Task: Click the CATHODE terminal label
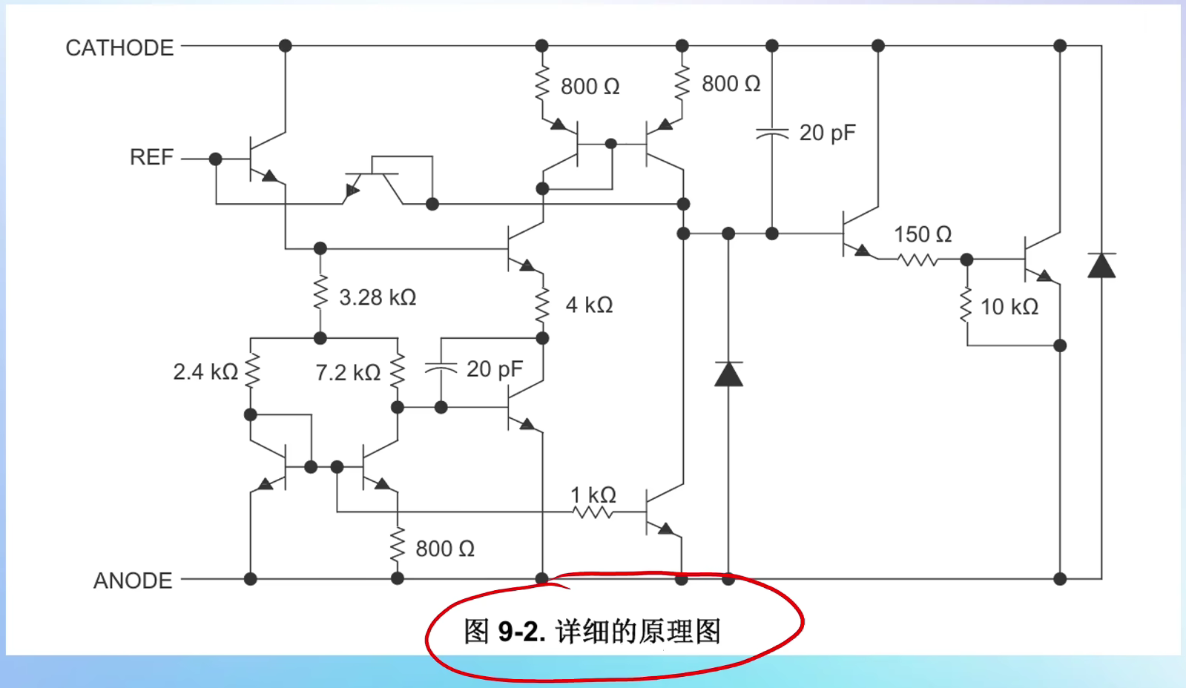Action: tap(119, 48)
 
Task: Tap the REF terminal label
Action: tap(151, 157)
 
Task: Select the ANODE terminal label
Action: tap(133, 580)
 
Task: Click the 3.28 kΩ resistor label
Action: tap(378, 297)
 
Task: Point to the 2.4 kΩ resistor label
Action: tap(205, 371)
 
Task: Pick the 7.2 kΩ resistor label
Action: tap(348, 372)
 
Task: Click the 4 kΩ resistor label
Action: tap(589, 305)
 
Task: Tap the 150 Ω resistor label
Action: tap(922, 234)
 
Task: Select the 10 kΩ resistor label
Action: tap(1009, 307)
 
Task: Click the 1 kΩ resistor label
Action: tap(593, 494)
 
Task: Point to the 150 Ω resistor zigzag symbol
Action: tap(917, 260)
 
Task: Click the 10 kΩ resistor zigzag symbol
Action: tap(966, 305)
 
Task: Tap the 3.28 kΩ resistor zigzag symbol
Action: tap(320, 293)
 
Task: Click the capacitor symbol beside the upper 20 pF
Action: tap(771, 133)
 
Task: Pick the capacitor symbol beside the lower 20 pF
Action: tap(441, 368)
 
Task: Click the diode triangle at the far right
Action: tap(1101, 265)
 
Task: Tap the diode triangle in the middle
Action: tap(728, 374)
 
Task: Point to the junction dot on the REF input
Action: tap(215, 159)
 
